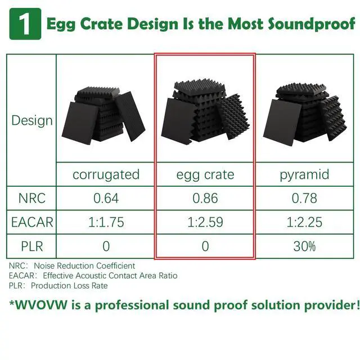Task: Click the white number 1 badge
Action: point(25,24)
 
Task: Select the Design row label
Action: point(32,120)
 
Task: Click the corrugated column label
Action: point(106,174)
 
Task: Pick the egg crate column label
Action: point(205,174)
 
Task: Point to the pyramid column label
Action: point(304,174)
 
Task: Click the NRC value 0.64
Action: point(106,198)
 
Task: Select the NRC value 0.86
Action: point(205,198)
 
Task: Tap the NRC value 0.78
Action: point(304,198)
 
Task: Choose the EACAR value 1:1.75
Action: point(106,222)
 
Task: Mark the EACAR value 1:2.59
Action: point(205,222)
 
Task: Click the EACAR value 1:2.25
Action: point(304,222)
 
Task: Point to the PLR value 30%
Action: point(304,246)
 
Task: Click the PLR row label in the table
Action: point(32,246)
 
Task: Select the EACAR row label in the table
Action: point(32,222)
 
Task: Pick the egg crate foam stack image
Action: point(205,112)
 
